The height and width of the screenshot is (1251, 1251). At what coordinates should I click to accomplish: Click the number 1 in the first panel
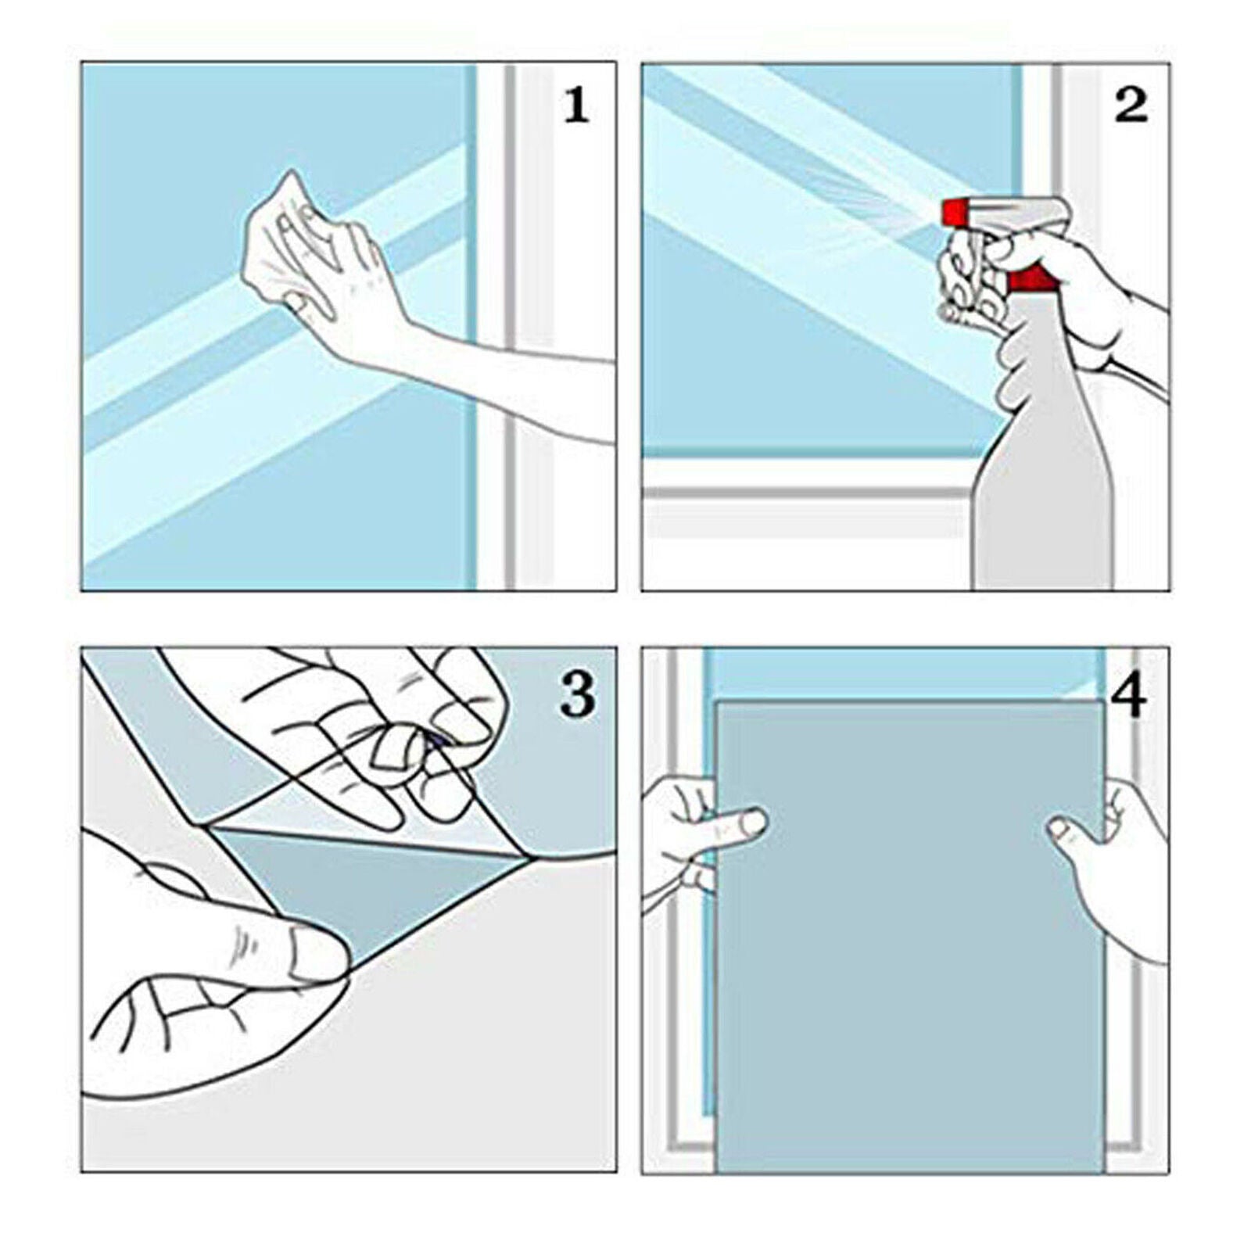pyautogui.click(x=576, y=106)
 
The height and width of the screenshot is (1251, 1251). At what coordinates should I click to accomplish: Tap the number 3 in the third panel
pyautogui.click(x=578, y=694)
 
